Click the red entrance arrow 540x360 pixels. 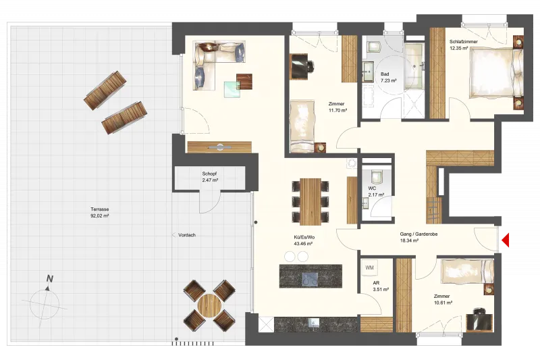(505, 240)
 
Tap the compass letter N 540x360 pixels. (50, 279)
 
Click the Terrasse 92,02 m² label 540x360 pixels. (100, 213)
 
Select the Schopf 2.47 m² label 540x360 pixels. (210, 177)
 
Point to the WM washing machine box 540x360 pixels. (369, 267)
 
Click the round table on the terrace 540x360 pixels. (209, 305)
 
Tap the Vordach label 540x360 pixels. (187, 235)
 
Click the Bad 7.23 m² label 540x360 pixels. (388, 77)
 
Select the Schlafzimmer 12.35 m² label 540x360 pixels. (463, 45)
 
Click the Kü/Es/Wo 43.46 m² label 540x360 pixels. (303, 240)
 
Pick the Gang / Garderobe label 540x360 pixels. (418, 234)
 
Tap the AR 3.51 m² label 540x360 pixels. (381, 286)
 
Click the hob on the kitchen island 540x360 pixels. (310, 279)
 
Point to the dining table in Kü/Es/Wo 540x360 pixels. (310, 201)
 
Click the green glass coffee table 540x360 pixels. (232, 89)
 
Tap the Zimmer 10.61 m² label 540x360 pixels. (443, 299)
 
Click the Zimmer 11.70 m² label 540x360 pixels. (337, 107)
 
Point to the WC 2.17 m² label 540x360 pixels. (376, 192)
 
